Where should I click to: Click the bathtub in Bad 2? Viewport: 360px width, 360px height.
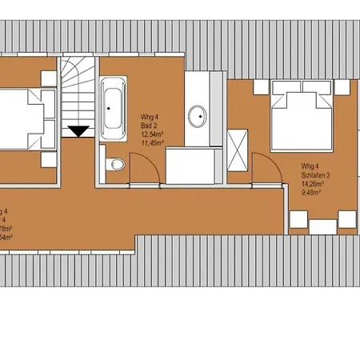(112, 99)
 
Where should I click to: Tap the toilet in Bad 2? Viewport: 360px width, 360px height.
(117, 165)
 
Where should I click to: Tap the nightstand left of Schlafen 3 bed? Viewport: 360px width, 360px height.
(262, 89)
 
